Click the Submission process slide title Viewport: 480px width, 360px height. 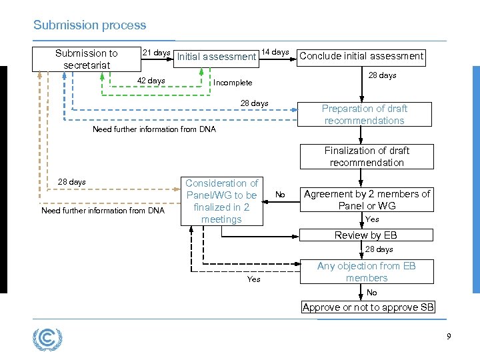[89, 25]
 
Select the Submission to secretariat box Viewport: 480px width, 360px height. [86, 59]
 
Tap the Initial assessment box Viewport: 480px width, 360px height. [216, 57]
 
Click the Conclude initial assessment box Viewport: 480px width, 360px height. [361, 56]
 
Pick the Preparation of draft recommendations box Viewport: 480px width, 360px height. [364, 115]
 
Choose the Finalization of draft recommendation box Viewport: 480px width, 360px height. [366, 157]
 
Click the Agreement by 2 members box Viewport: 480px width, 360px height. [367, 199]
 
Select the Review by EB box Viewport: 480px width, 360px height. [366, 235]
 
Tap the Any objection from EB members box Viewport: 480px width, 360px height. [366, 271]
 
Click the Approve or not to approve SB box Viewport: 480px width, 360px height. [368, 307]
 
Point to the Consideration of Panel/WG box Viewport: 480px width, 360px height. [221, 201]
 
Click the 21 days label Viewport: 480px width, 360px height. [157, 53]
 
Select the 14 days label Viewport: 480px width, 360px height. [275, 52]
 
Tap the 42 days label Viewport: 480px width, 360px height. [151, 81]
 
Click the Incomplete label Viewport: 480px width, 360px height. [232, 83]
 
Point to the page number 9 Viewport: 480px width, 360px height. [449, 337]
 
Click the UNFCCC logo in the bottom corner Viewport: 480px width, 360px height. [47, 339]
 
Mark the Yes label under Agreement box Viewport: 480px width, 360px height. [372, 219]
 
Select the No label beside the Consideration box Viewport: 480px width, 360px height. [280, 195]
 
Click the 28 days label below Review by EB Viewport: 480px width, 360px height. [379, 249]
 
